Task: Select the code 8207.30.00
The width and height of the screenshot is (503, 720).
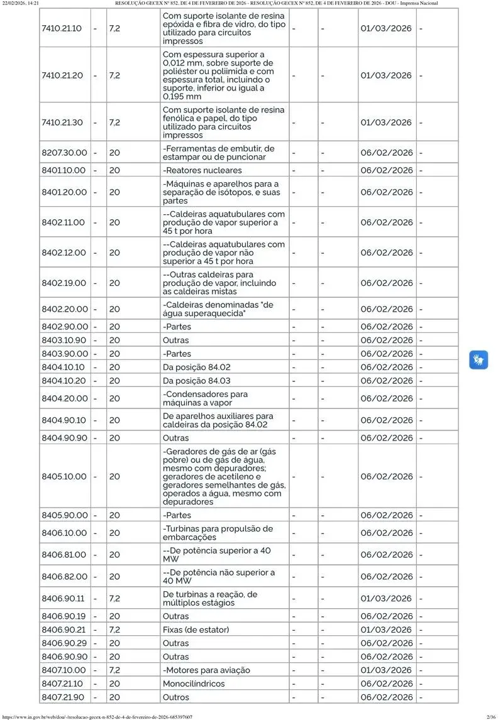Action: tap(65, 153)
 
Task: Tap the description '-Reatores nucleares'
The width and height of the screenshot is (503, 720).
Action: tap(202, 170)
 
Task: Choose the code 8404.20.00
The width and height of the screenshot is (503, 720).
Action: tap(65, 398)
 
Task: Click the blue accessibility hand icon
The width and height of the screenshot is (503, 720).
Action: tap(478, 360)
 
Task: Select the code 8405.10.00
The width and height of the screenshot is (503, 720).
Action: tap(64, 476)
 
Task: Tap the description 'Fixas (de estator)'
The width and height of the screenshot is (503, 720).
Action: tap(196, 630)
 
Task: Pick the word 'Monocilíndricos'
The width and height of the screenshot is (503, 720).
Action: tap(194, 684)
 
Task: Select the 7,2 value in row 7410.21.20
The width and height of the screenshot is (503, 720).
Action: tap(115, 75)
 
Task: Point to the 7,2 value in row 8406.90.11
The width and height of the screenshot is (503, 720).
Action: tap(115, 599)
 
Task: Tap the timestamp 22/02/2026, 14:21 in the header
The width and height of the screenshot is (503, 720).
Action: tap(21, 4)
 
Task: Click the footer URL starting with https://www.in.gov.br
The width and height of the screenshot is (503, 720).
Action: tap(97, 716)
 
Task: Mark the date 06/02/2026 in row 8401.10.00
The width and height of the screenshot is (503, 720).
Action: tap(387, 170)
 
